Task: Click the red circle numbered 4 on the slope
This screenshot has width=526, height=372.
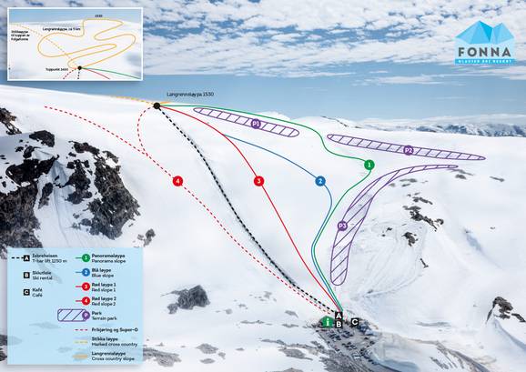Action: tap(177, 181)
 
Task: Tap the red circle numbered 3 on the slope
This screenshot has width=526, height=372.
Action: tap(259, 181)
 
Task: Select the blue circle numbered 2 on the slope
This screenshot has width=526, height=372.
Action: tap(320, 181)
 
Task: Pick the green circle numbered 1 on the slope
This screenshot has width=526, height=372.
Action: tap(369, 165)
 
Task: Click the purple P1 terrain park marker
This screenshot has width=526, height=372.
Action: tap(257, 123)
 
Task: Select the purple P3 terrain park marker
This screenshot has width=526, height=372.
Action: tap(343, 226)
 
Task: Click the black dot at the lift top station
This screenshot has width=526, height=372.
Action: tap(157, 106)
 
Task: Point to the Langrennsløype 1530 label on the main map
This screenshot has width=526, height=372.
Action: tap(190, 95)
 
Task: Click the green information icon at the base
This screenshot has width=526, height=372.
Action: tap(328, 321)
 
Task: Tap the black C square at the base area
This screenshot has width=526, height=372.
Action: tap(354, 321)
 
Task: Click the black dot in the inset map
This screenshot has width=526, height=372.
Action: tap(80, 66)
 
